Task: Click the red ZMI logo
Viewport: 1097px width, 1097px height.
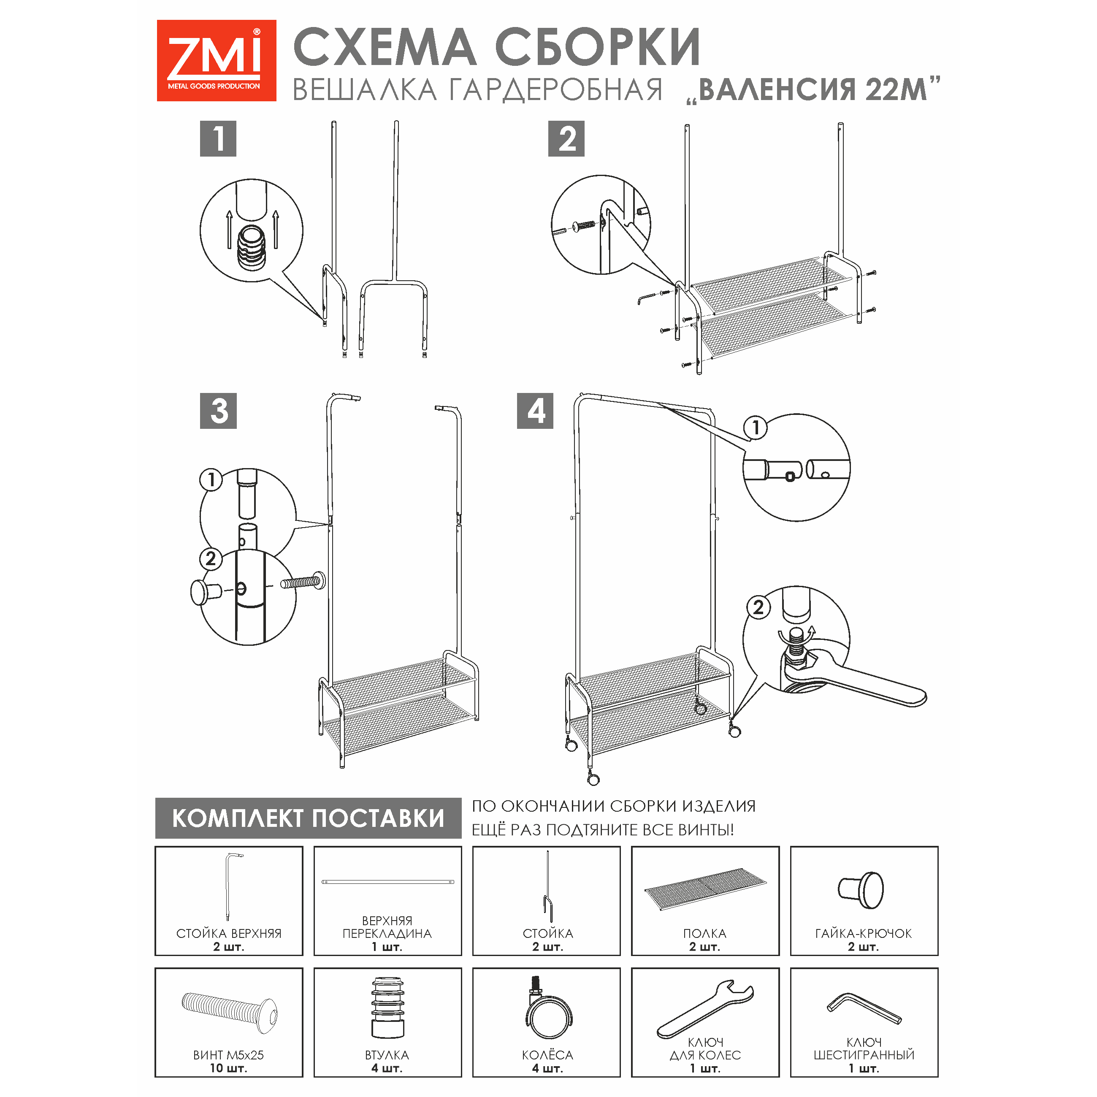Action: pos(217,61)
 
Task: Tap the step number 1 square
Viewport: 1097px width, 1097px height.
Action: pos(218,138)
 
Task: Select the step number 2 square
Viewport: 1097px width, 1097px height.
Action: pos(566,138)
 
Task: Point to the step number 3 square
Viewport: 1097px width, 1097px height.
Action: pos(218,411)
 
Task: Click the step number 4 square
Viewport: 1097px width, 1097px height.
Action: pos(535,411)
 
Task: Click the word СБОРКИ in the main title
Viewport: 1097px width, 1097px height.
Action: pos(598,48)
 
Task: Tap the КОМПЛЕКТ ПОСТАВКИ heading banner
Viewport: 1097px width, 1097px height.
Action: pos(308,818)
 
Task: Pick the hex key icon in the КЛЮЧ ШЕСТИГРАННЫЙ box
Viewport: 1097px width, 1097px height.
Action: pos(864,1009)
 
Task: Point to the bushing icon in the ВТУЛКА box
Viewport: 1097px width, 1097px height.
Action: pos(388,1007)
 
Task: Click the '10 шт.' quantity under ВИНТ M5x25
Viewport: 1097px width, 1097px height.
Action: pos(228,1068)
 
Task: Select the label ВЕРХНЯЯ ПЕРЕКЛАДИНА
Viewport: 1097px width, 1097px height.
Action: pos(387,927)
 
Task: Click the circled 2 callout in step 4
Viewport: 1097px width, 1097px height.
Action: pos(758,607)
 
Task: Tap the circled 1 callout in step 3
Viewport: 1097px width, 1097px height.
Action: pos(211,480)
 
